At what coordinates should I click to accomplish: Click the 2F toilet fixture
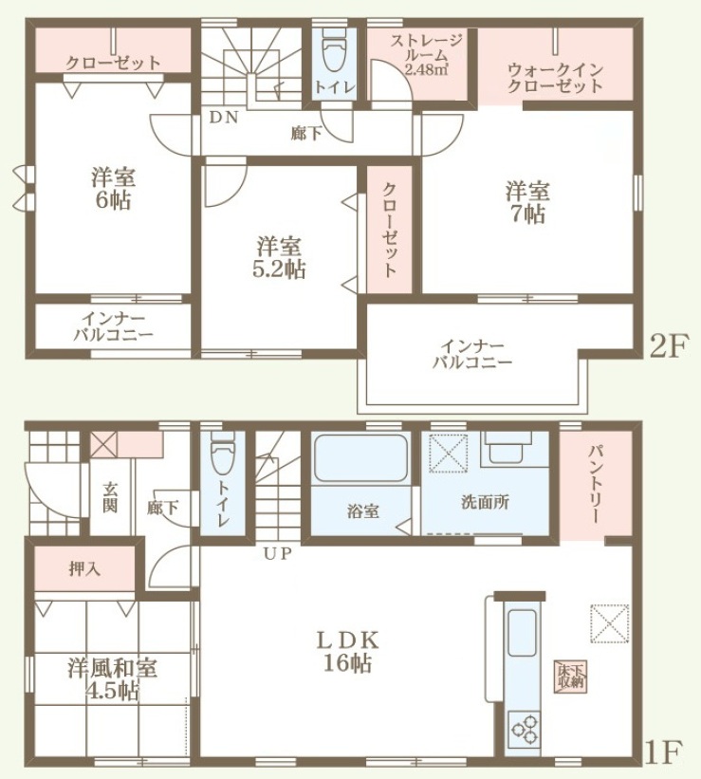(333, 47)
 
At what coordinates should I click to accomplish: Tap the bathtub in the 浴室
(360, 458)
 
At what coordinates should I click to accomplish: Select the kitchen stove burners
(526, 729)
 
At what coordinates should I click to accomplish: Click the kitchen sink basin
(522, 632)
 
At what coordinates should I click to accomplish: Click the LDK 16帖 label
(348, 651)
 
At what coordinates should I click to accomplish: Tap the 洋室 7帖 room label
(526, 203)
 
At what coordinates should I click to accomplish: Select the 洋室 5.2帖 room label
(278, 258)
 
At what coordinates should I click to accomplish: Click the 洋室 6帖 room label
(113, 189)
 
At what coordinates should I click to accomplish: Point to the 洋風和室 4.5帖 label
(112, 678)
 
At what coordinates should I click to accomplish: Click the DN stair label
(224, 118)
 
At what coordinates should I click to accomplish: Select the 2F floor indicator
(669, 345)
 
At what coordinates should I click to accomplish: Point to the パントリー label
(596, 485)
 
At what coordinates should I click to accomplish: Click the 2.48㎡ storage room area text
(426, 68)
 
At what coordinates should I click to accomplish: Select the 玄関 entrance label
(110, 497)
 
